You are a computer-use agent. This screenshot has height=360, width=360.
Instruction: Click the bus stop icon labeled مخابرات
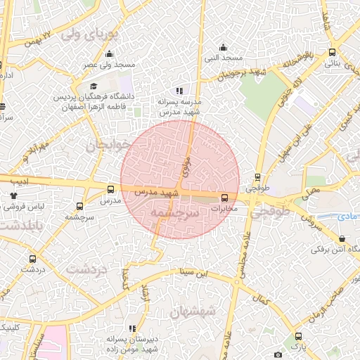click(x=225, y=198)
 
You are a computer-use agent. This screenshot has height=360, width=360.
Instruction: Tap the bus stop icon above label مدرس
click(x=110, y=189)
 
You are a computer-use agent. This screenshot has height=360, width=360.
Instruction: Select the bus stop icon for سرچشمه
click(x=79, y=207)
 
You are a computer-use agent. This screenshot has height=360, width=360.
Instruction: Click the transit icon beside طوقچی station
click(x=258, y=177)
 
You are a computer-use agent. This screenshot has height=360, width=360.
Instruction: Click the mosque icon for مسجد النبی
click(x=223, y=48)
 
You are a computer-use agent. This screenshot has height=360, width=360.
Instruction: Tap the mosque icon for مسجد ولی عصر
click(x=108, y=54)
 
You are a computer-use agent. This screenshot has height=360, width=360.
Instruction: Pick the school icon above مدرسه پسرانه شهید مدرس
click(x=180, y=91)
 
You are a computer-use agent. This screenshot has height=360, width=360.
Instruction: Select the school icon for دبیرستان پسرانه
click(x=132, y=328)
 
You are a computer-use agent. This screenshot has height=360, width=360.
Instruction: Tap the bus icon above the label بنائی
click(x=332, y=52)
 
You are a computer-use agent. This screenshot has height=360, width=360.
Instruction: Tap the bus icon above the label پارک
click(x=300, y=337)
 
